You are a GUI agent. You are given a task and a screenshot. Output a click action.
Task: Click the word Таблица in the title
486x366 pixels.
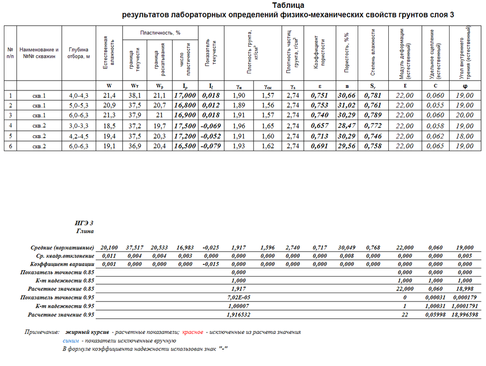[288, 6]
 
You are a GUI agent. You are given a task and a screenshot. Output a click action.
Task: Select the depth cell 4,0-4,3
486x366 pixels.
[79, 95]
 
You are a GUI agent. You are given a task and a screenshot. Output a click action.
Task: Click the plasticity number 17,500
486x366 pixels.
[185, 126]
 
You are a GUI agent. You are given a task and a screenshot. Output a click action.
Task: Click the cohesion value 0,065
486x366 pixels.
[435, 146]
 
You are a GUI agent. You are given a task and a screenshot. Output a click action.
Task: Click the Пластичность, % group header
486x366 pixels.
[160, 33]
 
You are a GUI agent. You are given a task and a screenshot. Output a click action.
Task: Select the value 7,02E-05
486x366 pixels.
[239, 296]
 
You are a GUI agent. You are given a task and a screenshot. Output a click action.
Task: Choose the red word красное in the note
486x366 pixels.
[192, 332]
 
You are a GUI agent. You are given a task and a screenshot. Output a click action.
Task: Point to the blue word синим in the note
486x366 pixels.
[70, 341]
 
